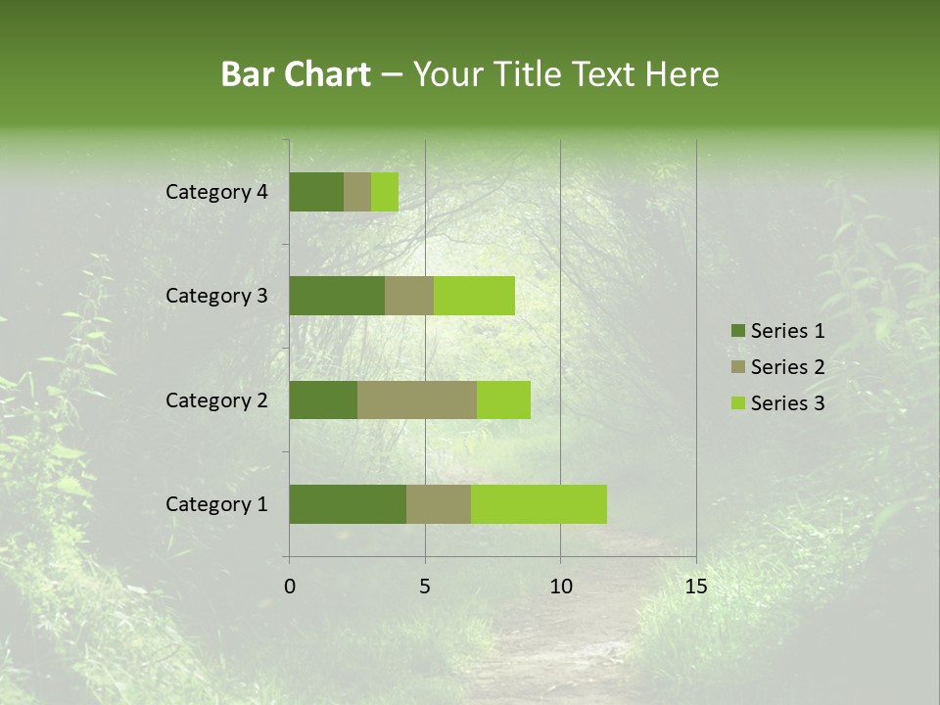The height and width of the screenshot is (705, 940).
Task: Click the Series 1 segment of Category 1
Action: coord(348,504)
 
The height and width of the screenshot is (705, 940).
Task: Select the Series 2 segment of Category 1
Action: coord(439,504)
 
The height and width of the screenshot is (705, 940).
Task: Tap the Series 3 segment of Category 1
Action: coord(539,504)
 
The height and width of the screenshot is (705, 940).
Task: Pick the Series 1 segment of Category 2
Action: coord(323,399)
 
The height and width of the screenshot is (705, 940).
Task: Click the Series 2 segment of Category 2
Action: coord(417,399)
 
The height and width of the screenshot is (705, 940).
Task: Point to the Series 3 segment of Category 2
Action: coord(503,399)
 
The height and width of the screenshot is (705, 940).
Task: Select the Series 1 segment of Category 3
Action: coord(337,296)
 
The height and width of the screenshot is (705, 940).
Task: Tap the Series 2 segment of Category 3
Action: coord(409,296)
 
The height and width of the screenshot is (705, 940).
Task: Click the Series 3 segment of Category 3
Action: coord(474,296)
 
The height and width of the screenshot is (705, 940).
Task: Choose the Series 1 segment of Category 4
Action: coord(316,192)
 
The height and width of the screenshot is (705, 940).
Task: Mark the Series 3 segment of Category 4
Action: coord(385,192)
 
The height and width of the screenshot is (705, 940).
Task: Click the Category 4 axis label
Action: coord(216,192)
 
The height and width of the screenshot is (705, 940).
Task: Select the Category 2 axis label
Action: coord(216,399)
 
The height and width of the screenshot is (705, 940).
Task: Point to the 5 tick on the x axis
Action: coord(425,587)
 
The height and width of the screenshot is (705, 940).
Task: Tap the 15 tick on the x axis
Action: coord(695,587)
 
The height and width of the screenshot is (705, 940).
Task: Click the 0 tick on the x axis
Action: coord(290,587)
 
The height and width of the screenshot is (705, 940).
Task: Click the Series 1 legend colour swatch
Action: coord(737,331)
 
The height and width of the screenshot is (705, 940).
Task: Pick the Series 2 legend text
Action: coord(787,367)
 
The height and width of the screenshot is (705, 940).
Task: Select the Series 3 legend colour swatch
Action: coord(737,403)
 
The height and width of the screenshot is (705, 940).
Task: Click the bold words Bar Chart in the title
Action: coord(296,74)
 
